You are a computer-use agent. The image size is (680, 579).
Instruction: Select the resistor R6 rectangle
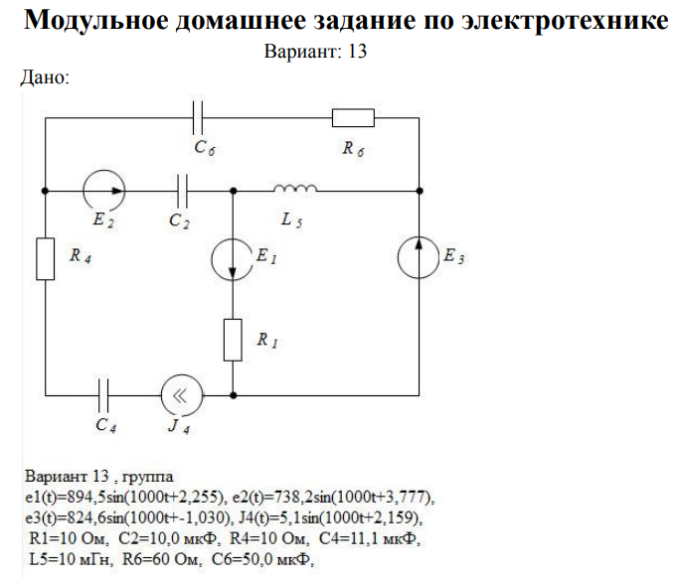[353, 118]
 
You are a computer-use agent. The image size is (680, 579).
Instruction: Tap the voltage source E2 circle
[103, 189]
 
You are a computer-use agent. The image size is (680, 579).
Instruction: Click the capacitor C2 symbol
[182, 189]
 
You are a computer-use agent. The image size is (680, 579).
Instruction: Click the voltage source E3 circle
[419, 260]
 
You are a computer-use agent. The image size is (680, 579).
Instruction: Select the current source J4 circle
[182, 394]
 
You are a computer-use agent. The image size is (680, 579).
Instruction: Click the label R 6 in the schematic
[352, 150]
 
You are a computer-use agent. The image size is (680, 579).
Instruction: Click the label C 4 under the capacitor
[104, 425]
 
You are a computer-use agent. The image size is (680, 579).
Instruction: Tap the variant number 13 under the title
[359, 52]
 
